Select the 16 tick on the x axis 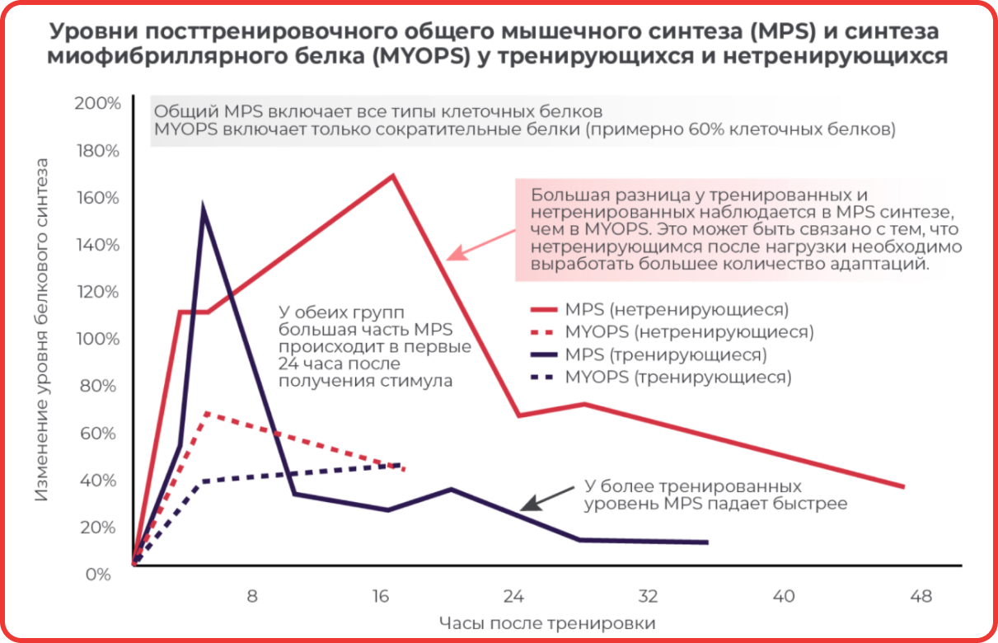coord(381,597)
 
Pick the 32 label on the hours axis coord(648,597)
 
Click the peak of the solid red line coord(393,176)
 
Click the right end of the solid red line coord(903,486)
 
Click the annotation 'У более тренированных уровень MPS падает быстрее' coord(715,495)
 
